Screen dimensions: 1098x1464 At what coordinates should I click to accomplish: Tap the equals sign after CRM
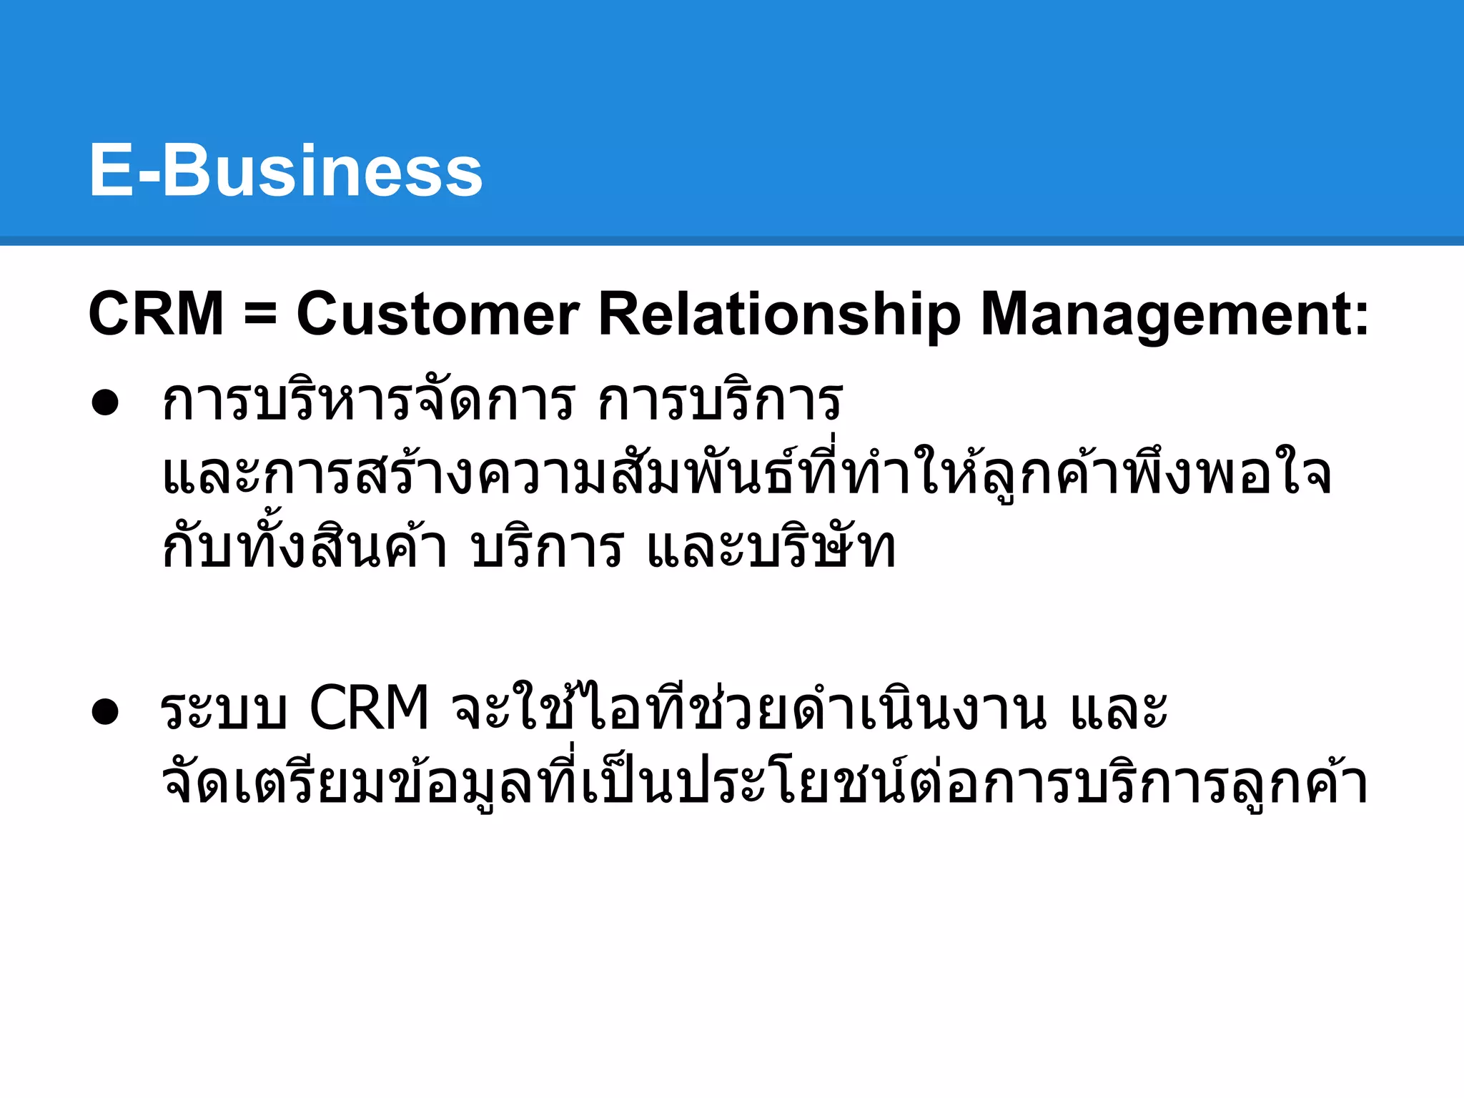pos(259,315)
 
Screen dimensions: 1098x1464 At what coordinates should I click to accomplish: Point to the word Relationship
pos(779,315)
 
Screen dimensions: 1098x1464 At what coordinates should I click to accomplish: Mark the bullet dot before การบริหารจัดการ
pos(105,402)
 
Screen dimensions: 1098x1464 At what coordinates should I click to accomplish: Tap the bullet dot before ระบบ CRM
pos(105,711)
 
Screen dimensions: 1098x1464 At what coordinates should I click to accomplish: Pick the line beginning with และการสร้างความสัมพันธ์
pos(747,473)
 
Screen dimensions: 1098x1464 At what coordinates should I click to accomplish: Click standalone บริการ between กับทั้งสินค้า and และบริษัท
pos(547,547)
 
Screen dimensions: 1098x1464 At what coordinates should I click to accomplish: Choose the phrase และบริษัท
pos(771,547)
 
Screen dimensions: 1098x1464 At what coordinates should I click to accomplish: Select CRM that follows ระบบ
pos(369,708)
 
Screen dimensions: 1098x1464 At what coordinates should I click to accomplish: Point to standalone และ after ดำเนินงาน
pos(1118,710)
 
